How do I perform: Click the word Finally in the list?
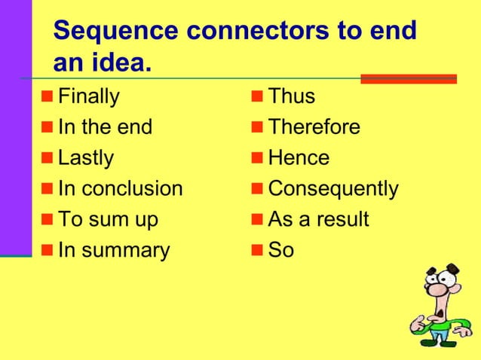point(88,97)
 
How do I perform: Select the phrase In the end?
point(105,127)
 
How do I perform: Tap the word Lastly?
point(85,158)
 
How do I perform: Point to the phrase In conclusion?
point(120,188)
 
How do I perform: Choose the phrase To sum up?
point(108,219)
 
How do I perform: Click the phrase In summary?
point(113,250)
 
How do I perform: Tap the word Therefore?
point(314,127)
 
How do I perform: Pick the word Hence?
point(299,158)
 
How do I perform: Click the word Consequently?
point(332,188)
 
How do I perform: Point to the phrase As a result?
point(318,219)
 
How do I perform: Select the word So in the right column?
point(280,250)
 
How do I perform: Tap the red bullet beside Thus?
point(256,97)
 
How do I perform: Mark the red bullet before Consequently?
point(256,189)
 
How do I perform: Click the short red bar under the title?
point(408,78)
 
